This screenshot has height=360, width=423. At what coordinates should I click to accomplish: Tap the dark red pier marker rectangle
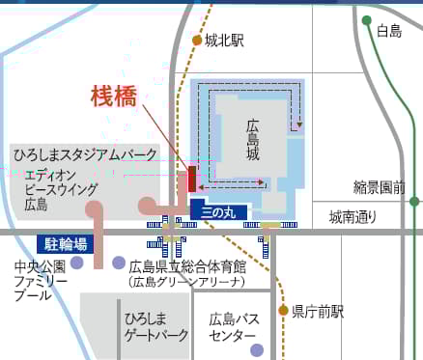[192, 179]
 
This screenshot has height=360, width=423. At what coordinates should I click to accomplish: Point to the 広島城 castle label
[253, 141]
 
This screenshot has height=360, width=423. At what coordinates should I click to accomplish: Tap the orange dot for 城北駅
[197, 41]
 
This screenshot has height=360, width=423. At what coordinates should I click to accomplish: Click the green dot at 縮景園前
[414, 202]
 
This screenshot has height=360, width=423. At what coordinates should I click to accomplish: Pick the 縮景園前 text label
[380, 187]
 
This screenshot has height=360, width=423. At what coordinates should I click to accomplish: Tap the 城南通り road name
[352, 217]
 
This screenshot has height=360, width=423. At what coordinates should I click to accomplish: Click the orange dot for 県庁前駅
[283, 311]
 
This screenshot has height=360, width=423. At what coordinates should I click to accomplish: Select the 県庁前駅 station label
[318, 311]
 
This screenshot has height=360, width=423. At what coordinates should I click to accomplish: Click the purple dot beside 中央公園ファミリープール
[76, 262]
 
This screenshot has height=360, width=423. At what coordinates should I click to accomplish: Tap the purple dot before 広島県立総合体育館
[118, 263]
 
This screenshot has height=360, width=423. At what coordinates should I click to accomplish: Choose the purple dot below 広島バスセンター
[256, 349]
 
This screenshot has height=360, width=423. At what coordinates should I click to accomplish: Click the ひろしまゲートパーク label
[155, 326]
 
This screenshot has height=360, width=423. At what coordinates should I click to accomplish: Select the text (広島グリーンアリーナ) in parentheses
[186, 282]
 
